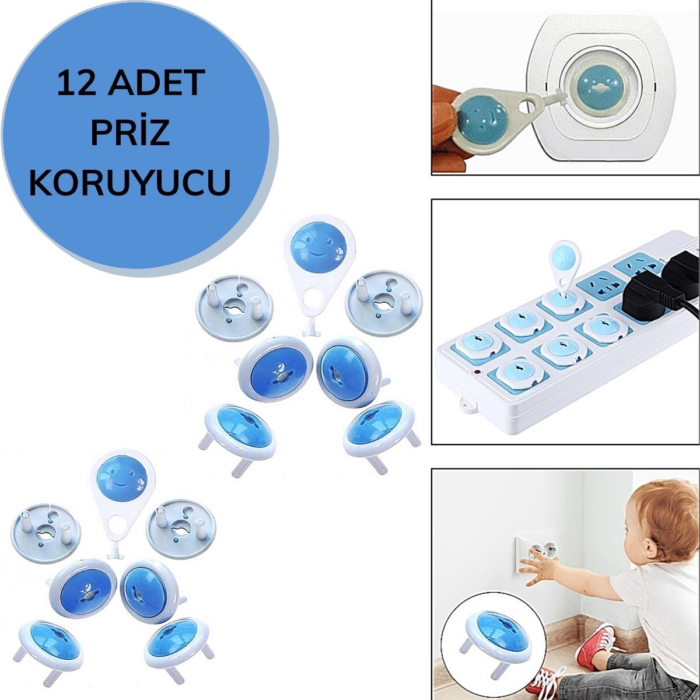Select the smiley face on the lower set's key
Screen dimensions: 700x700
123,476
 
